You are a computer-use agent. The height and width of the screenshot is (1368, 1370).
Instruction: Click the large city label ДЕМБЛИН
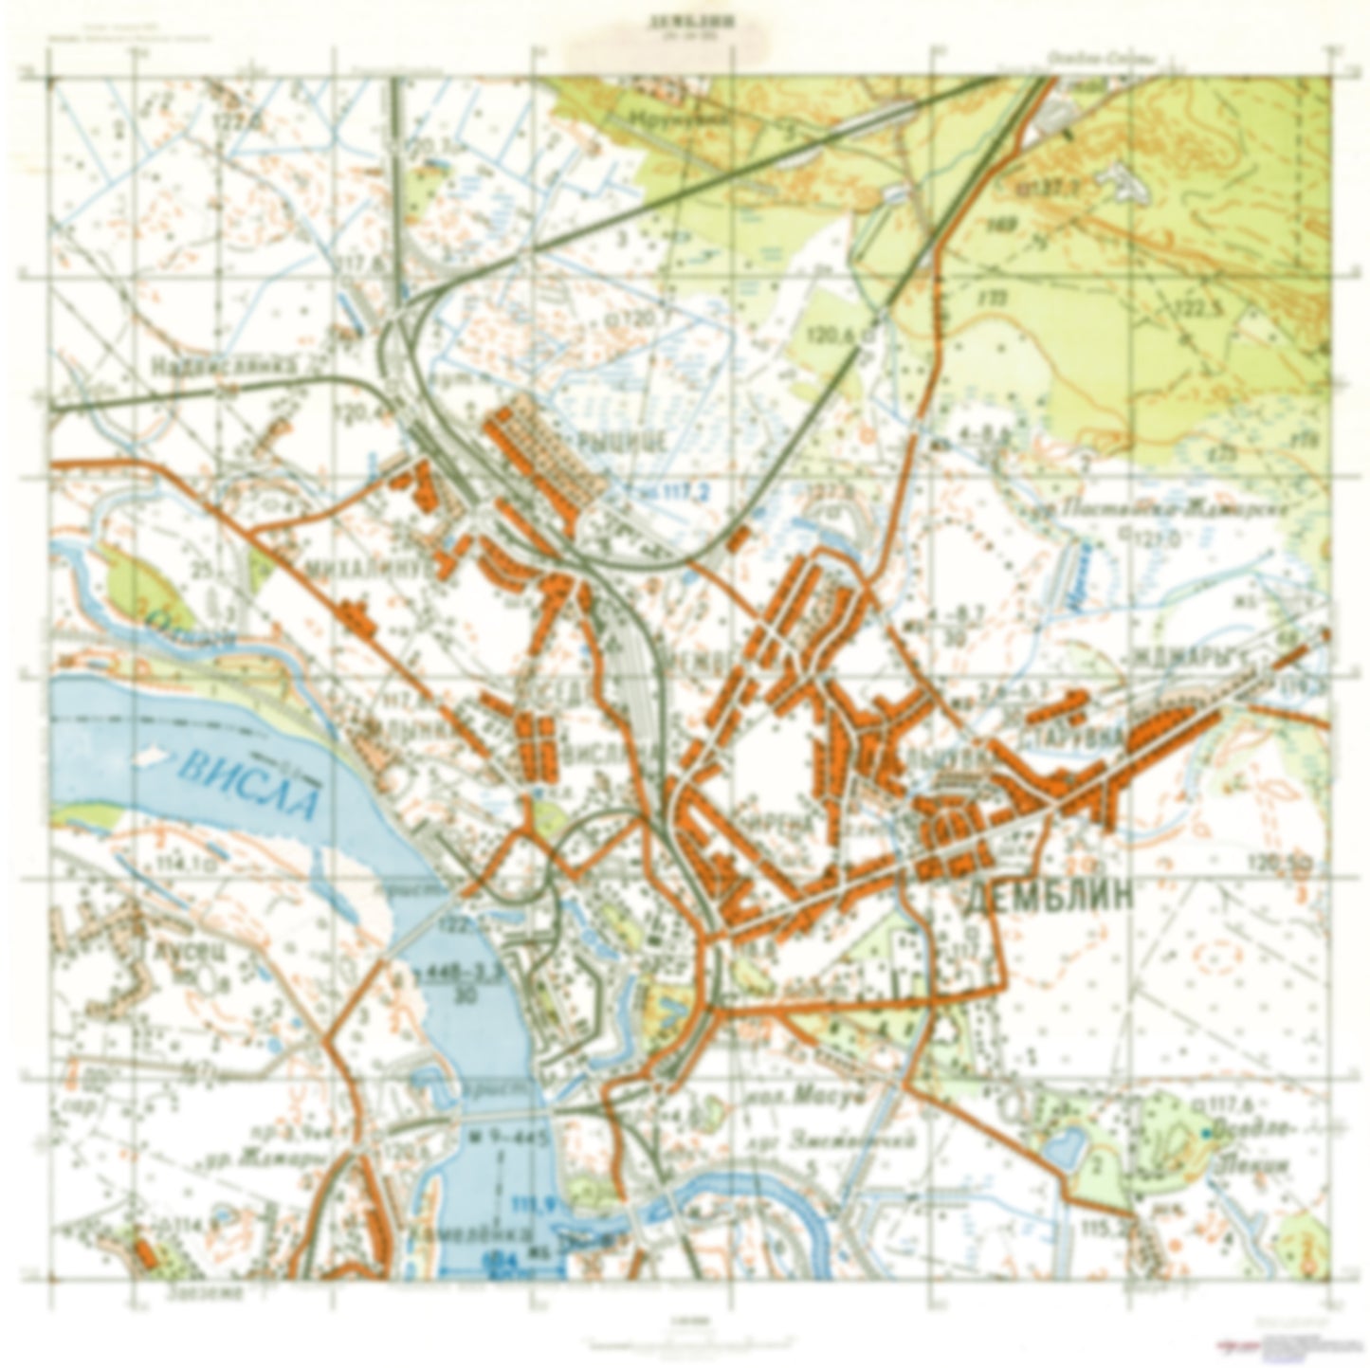pyautogui.click(x=1048, y=900)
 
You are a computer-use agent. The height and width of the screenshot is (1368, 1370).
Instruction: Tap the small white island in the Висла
pyautogui.click(x=150, y=760)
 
